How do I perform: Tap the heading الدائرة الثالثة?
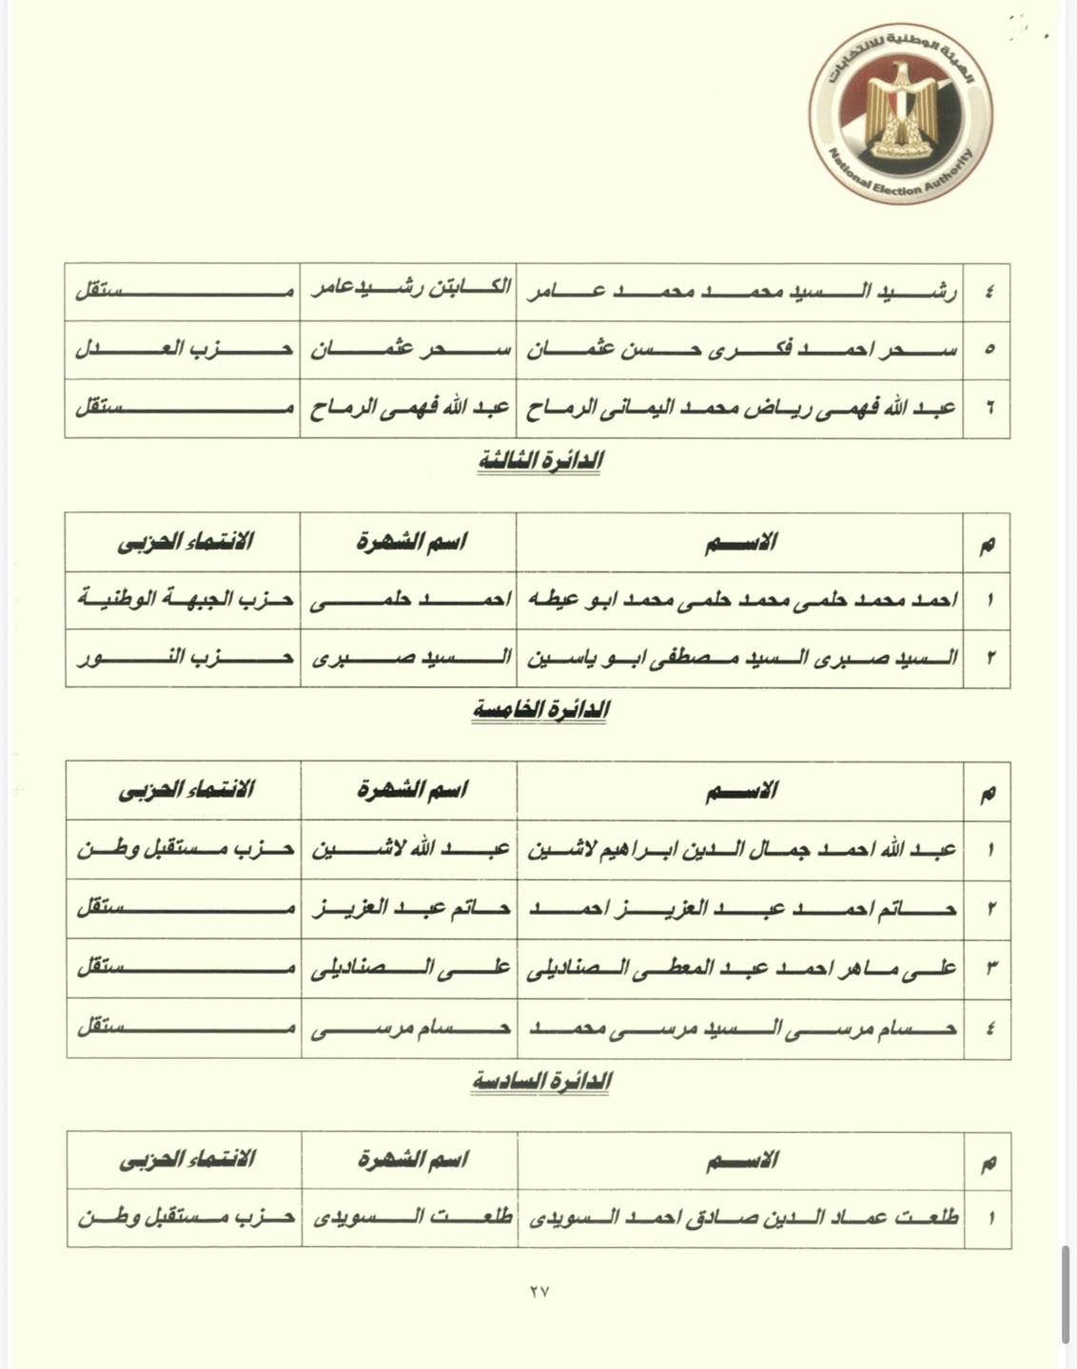click(540, 461)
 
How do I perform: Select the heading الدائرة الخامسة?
click(540, 710)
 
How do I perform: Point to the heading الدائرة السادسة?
click(540, 1081)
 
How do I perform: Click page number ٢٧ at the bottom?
click(538, 1291)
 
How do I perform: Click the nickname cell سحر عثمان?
click(410, 350)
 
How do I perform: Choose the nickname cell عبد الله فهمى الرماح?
click(410, 409)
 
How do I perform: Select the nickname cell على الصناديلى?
click(411, 969)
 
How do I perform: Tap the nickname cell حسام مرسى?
click(411, 1028)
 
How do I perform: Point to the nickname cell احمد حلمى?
click(410, 599)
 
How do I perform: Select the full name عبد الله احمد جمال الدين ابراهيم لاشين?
click(742, 849)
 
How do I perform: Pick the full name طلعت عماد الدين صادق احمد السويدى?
click(742, 1217)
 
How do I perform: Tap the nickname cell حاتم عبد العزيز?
click(411, 909)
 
